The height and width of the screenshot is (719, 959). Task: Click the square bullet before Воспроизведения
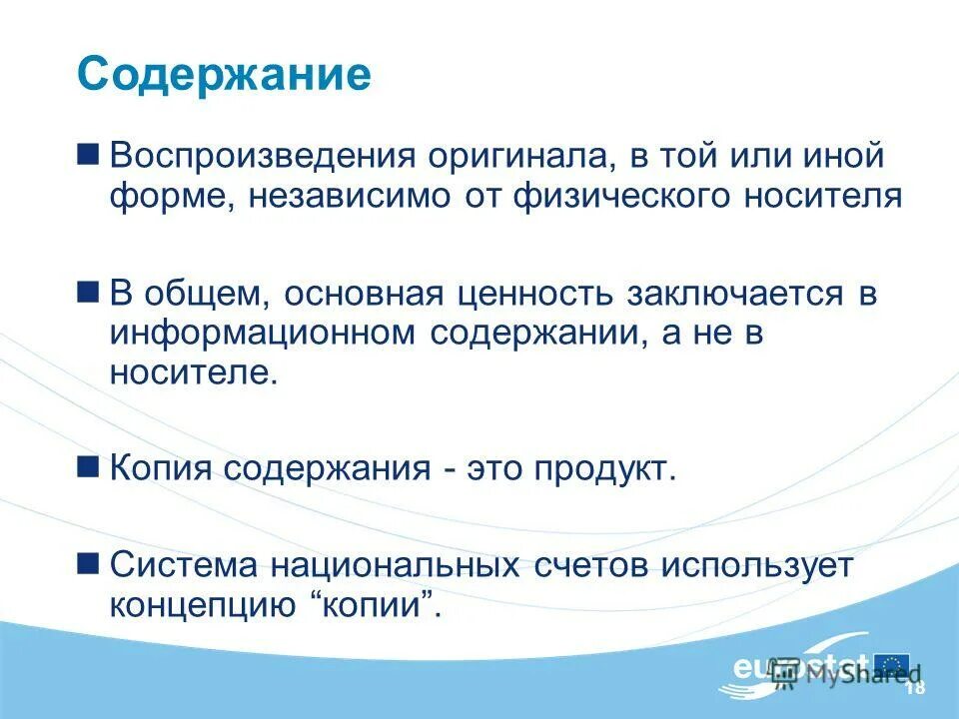[88, 154]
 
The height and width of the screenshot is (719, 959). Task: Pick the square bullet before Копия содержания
[88, 465]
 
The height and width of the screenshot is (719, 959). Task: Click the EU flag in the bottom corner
[891, 664]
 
